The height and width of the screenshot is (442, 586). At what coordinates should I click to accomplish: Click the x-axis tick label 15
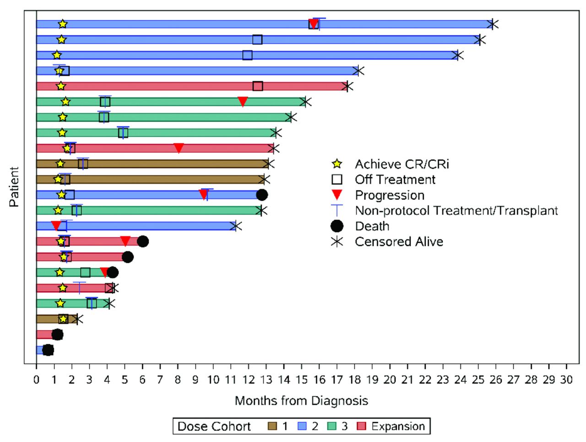(x=301, y=379)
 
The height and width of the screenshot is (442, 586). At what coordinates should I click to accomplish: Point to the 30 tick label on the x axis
(x=566, y=379)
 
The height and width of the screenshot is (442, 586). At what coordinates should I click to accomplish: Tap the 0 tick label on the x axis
(x=36, y=379)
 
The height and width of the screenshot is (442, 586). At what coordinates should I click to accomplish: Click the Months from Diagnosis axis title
(x=301, y=401)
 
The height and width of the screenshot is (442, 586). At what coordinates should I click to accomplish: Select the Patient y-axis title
(x=14, y=187)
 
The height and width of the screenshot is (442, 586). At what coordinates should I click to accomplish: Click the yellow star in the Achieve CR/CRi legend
(x=337, y=164)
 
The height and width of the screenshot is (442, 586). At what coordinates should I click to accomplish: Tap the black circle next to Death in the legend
(x=337, y=226)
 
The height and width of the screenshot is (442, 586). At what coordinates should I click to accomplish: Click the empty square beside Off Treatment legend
(x=337, y=179)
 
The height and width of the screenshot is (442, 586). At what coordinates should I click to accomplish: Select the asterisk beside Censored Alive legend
(x=337, y=242)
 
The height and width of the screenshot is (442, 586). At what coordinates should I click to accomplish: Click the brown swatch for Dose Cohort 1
(x=272, y=426)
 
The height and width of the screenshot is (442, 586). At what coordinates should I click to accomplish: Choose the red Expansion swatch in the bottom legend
(x=362, y=426)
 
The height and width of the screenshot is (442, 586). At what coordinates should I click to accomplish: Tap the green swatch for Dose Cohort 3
(x=332, y=426)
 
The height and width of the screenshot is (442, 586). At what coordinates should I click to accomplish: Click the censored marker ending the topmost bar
(x=493, y=24)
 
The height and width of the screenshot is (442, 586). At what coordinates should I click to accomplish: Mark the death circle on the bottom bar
(x=48, y=350)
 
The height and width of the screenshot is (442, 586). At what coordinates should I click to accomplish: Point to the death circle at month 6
(x=143, y=242)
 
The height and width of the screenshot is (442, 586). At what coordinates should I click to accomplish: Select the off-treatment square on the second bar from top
(x=257, y=39)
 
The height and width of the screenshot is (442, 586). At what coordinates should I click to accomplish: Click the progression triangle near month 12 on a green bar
(x=243, y=102)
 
